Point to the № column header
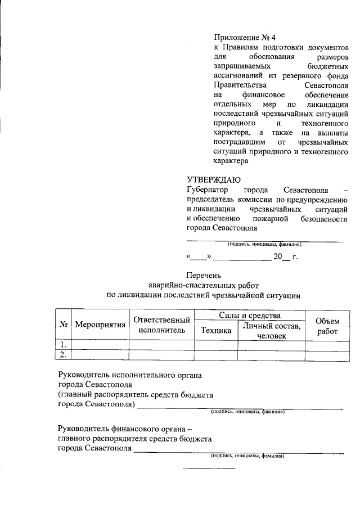point(64,326)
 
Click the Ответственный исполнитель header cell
point(161,325)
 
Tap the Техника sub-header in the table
point(216,331)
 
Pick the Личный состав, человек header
point(271,331)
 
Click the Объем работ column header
point(327,326)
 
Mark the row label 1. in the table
point(64,344)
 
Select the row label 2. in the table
point(64,354)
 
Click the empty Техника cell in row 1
point(216,344)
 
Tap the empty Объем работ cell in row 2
point(327,354)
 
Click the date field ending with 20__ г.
point(242,257)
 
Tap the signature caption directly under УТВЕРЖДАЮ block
point(264,244)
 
